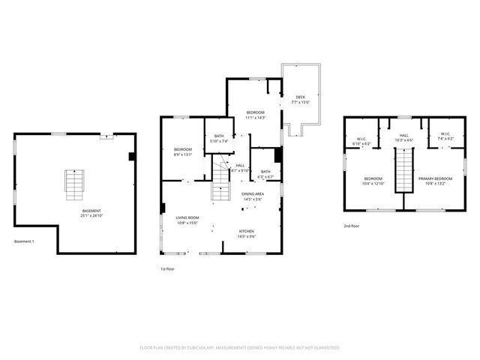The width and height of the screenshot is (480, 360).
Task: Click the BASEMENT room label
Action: pyautogui.click(x=91, y=213)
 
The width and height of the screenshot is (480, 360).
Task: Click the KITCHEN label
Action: pyautogui.click(x=247, y=233)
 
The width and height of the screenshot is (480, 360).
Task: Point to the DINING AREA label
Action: pyautogui.click(x=251, y=196)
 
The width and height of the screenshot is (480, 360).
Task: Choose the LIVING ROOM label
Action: pyautogui.click(x=177, y=220)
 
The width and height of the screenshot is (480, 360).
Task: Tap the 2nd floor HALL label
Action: pyautogui.click(x=403, y=138)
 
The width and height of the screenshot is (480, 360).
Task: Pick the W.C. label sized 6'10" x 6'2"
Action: pyautogui.click(x=361, y=140)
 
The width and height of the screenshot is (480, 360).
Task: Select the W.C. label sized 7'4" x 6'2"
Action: pyautogui.click(x=445, y=138)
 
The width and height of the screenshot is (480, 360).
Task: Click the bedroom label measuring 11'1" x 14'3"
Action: pyautogui.click(x=256, y=115)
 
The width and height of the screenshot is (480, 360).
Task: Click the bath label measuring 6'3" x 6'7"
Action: pyautogui.click(x=265, y=174)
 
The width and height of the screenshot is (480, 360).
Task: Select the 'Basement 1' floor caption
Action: pyautogui.click(x=24, y=241)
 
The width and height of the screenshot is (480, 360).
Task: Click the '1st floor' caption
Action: pyautogui.click(x=167, y=268)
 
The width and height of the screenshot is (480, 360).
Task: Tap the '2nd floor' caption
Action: pyautogui.click(x=351, y=226)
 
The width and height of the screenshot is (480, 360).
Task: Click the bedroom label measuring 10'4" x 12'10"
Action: pyautogui.click(x=373, y=181)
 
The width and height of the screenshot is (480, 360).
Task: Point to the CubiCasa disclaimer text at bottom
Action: pyautogui.click(x=240, y=347)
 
